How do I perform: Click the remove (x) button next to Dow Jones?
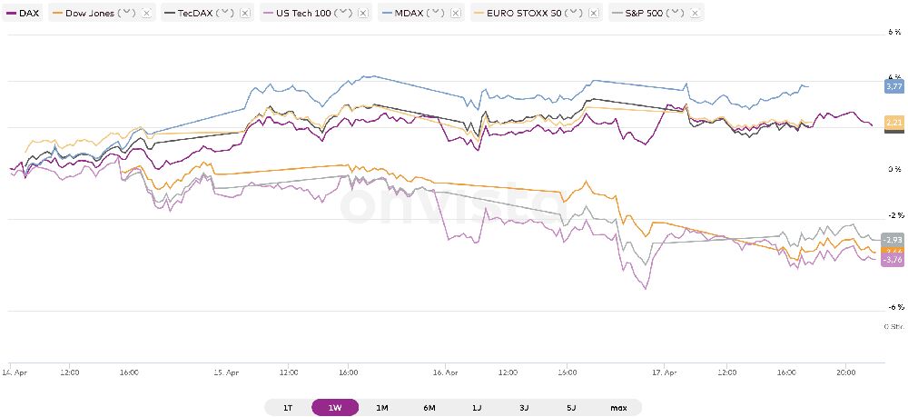pyautogui.click(x=146, y=15)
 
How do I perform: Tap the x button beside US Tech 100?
pyautogui.click(x=363, y=15)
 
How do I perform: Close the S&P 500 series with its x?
pyautogui.click(x=696, y=15)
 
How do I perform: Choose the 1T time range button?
pyautogui.click(x=288, y=408)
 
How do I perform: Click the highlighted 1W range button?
pyautogui.click(x=335, y=408)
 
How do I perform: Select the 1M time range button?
pyautogui.click(x=382, y=408)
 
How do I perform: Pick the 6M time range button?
pyautogui.click(x=429, y=408)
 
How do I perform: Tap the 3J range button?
pyautogui.click(x=524, y=408)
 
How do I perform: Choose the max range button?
pyautogui.click(x=618, y=408)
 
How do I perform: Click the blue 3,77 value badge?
pyautogui.click(x=893, y=86)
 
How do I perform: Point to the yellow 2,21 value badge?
pyautogui.click(x=893, y=123)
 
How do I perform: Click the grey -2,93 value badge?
pyautogui.click(x=893, y=239)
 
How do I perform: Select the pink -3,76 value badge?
pyautogui.click(x=893, y=260)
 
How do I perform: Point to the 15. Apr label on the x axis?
pyautogui.click(x=227, y=372)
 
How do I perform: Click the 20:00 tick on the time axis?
pyautogui.click(x=844, y=372)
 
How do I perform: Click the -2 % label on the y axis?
pyautogui.click(x=894, y=215)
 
